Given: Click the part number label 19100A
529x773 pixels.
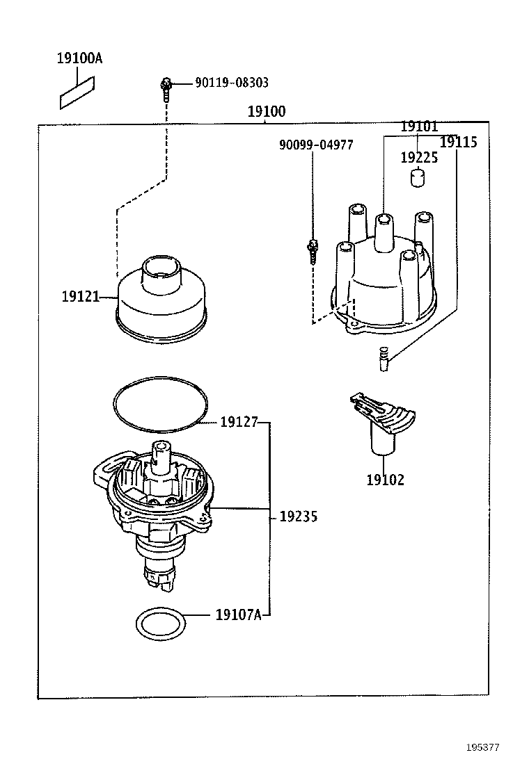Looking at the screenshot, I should [x=79, y=58].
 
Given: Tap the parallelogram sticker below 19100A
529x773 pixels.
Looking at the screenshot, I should [x=78, y=92].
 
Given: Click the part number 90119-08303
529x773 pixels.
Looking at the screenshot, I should [x=232, y=83].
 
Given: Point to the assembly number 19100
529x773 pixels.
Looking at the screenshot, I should [x=266, y=112].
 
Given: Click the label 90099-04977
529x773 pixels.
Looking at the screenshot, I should [x=315, y=145].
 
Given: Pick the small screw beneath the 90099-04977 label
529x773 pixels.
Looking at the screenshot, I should [x=313, y=250].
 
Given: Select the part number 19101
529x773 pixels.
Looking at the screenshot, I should [x=418, y=127].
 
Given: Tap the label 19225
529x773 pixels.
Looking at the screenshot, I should [x=418, y=158].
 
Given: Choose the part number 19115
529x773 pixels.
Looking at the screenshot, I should [x=459, y=142].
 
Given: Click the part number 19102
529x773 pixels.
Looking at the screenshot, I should [x=385, y=480].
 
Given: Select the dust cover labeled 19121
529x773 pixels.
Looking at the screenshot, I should [x=161, y=299].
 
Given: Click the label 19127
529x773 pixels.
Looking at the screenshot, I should [x=239, y=422].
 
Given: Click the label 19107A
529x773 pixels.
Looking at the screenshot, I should [x=238, y=615].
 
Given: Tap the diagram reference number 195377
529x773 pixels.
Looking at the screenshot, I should [x=482, y=748].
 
